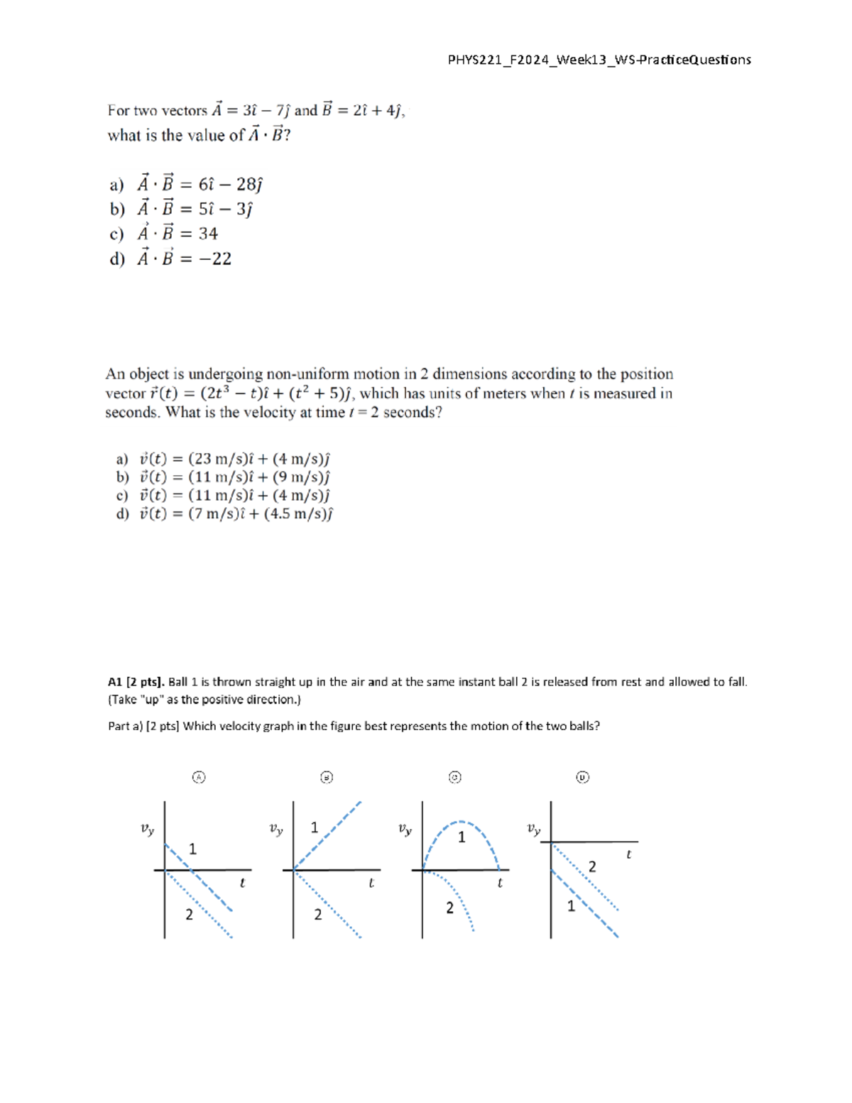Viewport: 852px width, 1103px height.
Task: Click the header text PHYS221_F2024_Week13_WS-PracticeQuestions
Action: pyautogui.click(x=599, y=60)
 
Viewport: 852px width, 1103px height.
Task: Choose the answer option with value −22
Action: pyautogui.click(x=170, y=259)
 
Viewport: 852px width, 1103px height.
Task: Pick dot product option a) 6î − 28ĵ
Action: pyautogui.click(x=186, y=185)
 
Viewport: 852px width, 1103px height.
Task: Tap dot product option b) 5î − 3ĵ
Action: pyautogui.click(x=181, y=209)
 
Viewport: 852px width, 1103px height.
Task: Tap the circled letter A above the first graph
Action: pyautogui.click(x=199, y=777)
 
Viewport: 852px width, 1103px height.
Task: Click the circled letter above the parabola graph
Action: pyautogui.click(x=455, y=777)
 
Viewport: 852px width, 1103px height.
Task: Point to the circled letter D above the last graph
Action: pyautogui.click(x=582, y=777)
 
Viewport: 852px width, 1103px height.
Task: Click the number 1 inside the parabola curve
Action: pyautogui.click(x=461, y=837)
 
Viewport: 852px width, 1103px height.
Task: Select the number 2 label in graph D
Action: pyautogui.click(x=592, y=866)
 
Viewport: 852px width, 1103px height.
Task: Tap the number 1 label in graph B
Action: pyautogui.click(x=315, y=827)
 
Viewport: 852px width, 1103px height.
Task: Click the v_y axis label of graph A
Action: pyautogui.click(x=147, y=829)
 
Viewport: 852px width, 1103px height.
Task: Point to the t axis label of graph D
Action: pyautogui.click(x=628, y=854)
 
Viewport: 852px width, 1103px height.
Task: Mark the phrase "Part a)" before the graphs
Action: pyautogui.click(x=125, y=726)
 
